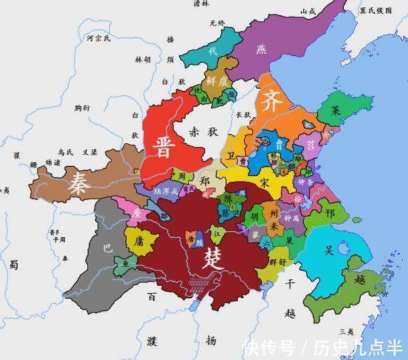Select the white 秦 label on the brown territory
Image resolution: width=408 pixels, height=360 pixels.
(x=79, y=183)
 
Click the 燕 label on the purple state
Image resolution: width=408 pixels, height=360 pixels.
(x=261, y=49)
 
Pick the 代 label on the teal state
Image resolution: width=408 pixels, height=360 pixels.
(x=212, y=52)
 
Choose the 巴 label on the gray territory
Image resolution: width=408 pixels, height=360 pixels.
(x=107, y=248)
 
